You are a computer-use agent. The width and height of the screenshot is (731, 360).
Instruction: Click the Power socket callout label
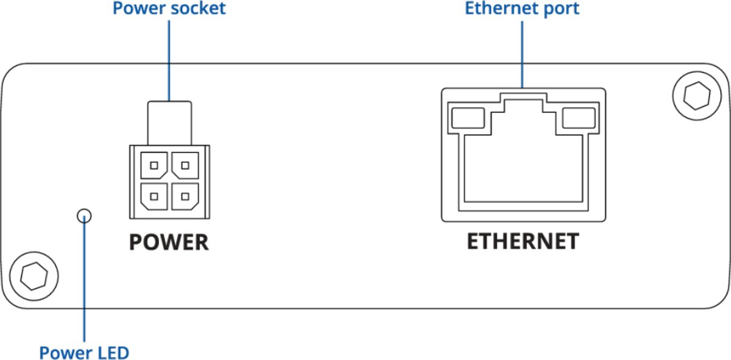click(169, 9)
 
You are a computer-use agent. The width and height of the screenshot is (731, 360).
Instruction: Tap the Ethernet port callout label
click(521, 9)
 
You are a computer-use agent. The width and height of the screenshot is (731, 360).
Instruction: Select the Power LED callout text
click(84, 352)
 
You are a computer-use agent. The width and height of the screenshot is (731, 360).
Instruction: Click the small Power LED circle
click(84, 215)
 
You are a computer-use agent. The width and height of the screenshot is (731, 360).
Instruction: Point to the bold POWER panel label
click(169, 242)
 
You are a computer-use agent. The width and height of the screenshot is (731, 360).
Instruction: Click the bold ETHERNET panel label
click(523, 241)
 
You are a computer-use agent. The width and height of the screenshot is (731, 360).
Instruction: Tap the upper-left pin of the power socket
click(154, 164)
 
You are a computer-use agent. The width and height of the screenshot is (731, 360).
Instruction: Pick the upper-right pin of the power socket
click(184, 164)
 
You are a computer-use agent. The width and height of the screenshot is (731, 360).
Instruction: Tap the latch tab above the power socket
click(169, 122)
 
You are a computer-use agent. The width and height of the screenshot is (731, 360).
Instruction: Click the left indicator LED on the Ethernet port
click(467, 118)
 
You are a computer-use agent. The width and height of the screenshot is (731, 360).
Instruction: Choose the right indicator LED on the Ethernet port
click(577, 118)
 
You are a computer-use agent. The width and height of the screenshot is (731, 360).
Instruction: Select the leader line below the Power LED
click(85, 280)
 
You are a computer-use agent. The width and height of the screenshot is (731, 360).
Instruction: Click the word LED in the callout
click(113, 352)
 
